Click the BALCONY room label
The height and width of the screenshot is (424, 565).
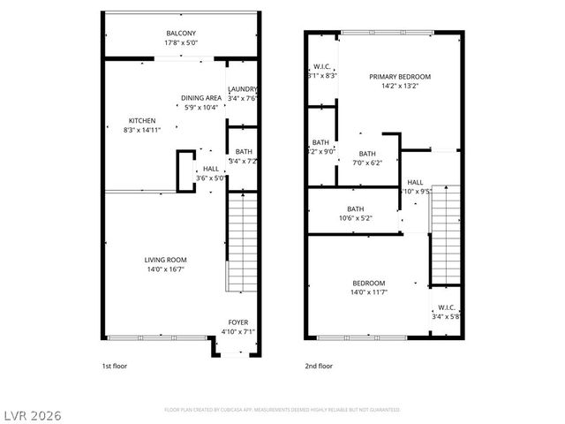point(181,33)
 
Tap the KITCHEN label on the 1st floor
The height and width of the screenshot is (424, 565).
point(142,121)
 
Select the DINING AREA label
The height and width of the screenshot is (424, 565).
point(201,98)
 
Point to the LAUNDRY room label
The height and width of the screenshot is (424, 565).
point(243,89)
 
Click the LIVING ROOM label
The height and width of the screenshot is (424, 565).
point(166,260)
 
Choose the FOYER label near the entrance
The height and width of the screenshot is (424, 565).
point(237,322)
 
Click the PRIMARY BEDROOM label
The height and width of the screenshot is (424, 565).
point(400,77)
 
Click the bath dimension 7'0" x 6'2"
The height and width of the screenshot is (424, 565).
point(366,163)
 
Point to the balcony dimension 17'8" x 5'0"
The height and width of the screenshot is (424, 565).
point(181,42)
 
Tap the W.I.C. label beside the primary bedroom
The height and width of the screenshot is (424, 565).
point(321,67)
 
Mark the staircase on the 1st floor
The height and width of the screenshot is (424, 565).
point(240,243)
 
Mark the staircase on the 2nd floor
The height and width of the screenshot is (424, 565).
point(445,234)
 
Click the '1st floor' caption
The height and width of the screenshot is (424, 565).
point(114,366)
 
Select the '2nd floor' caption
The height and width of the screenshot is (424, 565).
point(319,366)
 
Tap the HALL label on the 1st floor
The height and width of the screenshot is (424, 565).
point(211,169)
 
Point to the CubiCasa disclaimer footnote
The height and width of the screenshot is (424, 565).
point(282,410)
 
